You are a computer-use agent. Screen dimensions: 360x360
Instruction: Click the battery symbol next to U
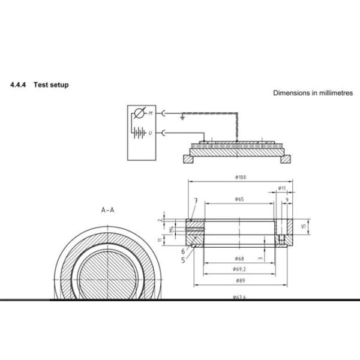click(140, 132)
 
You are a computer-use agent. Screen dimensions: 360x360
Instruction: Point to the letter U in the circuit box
click(150, 132)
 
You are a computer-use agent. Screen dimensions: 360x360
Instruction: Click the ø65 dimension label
click(238, 199)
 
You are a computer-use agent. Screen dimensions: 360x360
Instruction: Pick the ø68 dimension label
click(238, 258)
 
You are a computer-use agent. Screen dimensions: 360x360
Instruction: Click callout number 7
click(196, 200)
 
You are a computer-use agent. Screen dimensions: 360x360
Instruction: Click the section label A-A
click(109, 210)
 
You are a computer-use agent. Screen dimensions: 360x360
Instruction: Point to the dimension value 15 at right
click(304, 226)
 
